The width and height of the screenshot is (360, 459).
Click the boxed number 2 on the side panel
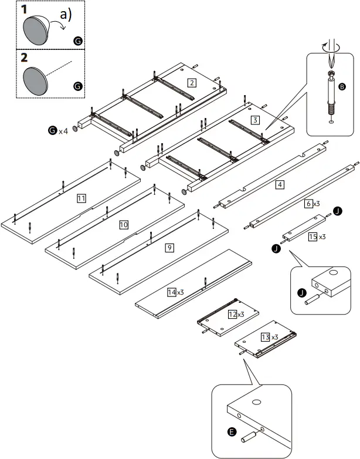191,83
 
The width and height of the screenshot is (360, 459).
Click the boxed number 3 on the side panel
254,120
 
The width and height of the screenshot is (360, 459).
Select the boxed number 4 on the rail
280,184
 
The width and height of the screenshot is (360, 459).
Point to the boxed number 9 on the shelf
169,248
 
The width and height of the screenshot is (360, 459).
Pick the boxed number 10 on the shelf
124,225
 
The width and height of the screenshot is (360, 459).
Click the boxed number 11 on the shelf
81,199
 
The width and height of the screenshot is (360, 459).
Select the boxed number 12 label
233,315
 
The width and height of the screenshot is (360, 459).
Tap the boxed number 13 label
266,336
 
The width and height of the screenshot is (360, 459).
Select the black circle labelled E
232,433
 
